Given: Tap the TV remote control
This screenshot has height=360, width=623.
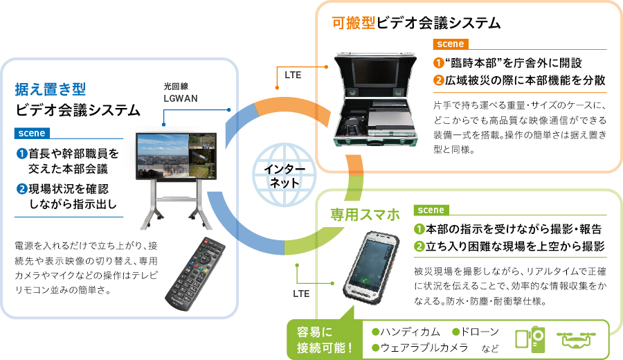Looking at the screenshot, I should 199,273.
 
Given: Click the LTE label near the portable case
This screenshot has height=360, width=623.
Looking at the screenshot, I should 293,74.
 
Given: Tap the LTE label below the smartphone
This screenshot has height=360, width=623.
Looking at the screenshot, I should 301,294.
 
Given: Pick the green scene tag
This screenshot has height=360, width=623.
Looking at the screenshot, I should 431,210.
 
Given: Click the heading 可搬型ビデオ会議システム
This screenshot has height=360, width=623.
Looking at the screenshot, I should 416,24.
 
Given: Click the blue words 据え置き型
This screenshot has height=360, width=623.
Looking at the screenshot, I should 50,89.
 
